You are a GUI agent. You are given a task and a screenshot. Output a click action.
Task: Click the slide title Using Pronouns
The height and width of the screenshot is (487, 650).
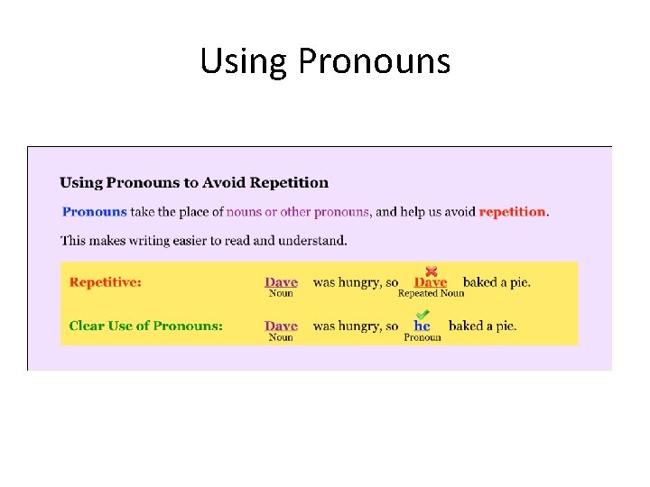click(x=324, y=61)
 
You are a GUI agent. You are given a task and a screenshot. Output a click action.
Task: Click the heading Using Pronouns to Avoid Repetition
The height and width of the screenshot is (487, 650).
click(x=194, y=182)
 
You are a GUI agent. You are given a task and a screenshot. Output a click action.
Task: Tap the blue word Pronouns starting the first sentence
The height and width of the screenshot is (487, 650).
click(x=94, y=212)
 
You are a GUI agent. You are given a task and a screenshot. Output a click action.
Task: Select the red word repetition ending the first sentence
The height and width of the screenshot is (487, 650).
click(x=512, y=212)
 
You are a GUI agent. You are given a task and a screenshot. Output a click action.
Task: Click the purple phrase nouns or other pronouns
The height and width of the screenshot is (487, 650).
click(x=298, y=212)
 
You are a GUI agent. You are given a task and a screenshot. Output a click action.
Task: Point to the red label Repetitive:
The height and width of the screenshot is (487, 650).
click(x=105, y=282)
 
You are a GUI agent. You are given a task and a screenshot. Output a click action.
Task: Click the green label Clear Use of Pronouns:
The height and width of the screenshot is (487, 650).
click(x=145, y=326)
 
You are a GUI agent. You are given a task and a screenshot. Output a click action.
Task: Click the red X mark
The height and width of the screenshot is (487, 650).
click(x=432, y=271)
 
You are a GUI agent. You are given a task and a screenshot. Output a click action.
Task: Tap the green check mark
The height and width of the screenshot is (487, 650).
click(x=422, y=315)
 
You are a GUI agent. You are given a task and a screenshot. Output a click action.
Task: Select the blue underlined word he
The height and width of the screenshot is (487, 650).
click(x=422, y=326)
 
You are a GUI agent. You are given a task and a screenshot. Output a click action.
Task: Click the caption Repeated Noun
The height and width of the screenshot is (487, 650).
click(x=431, y=293)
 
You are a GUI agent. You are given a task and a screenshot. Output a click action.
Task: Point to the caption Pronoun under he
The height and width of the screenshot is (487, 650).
click(x=422, y=337)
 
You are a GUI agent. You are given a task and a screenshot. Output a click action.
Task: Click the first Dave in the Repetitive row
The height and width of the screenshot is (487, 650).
click(x=281, y=282)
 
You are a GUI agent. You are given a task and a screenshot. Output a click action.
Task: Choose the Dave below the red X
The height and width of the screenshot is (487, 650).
click(x=431, y=282)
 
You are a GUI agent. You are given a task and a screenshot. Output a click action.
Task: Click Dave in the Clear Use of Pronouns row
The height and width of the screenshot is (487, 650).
click(x=281, y=326)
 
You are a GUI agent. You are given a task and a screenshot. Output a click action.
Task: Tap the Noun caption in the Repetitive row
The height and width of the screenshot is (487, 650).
click(x=281, y=293)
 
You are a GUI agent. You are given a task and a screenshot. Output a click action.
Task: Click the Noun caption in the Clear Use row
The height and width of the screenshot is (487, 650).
click(x=281, y=337)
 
